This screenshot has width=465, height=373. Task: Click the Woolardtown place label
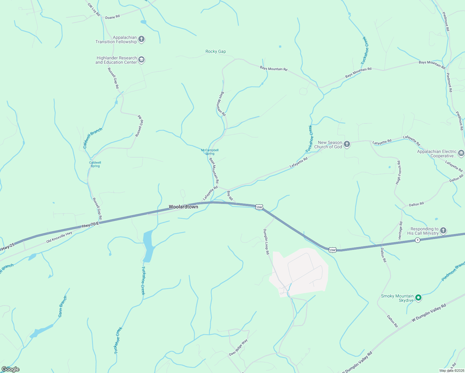click(x=183, y=207)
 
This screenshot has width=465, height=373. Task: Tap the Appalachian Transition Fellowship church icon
click(x=141, y=39)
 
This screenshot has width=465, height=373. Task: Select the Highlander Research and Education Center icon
click(x=141, y=60)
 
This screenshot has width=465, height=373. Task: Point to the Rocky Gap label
click(x=216, y=52)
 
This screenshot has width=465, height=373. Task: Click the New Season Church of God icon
click(x=347, y=144)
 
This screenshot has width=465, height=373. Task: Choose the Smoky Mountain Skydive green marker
click(x=418, y=298)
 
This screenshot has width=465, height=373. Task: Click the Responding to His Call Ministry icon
click(x=443, y=230)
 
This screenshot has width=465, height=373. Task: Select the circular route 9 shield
click(x=417, y=240)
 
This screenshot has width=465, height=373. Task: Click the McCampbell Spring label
click(x=210, y=152)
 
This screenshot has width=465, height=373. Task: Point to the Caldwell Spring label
click(x=95, y=164)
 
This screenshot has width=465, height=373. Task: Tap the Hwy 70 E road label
click(x=90, y=225)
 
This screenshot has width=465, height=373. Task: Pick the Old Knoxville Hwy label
click(x=59, y=237)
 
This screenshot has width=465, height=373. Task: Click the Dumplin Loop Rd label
click(x=266, y=242)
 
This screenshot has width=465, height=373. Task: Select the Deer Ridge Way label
click(x=238, y=348)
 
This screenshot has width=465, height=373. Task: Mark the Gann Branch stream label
click(x=62, y=306)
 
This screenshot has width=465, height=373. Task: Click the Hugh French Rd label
click(x=398, y=173)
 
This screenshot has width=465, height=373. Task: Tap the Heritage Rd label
click(x=401, y=230)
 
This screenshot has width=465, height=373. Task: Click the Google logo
click(x=10, y=369)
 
